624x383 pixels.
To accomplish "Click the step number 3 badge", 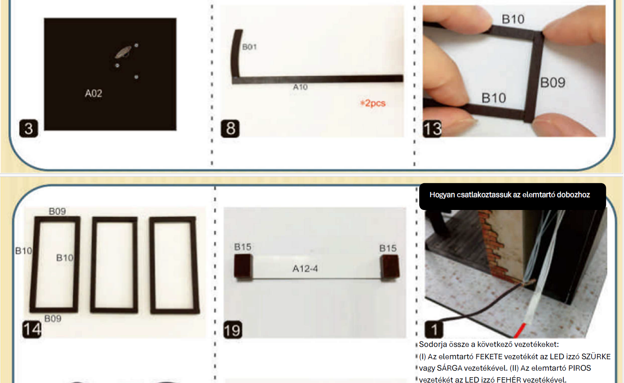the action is coord(29,129).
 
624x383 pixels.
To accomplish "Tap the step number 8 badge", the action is coord(230,129).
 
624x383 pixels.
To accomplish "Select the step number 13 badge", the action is coord(432,129).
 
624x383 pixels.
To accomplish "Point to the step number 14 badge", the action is coord(32,330).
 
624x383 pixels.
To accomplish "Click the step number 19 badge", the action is coord(233,330).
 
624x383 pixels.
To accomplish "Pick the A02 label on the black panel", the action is coord(94,93).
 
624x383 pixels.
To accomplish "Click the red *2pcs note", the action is coord(373,103).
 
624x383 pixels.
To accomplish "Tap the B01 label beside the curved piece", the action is coord(249,47).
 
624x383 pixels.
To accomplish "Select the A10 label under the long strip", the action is coord(300,87).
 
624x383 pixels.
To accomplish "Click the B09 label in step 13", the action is coord(553,82).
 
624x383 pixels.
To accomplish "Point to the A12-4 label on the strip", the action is coord(305,269).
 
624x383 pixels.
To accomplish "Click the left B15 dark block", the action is coord(243,266).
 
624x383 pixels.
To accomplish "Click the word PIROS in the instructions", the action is coord(580,368).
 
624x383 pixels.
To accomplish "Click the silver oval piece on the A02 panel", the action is coord(123,52).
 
